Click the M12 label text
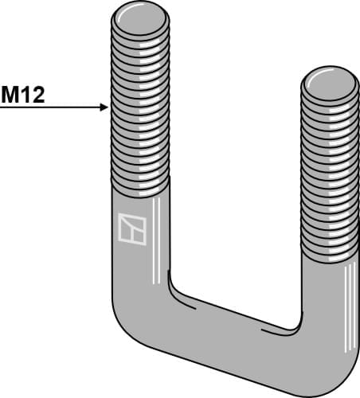pyautogui.click(x=22, y=96)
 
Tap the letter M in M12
pyautogui.click(x=11, y=96)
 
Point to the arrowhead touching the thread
pyautogui.click(x=103, y=107)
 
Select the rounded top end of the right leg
pyautogui.click(x=330, y=82)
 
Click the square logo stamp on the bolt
pyautogui.click(x=131, y=228)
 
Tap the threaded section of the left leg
pyautogui.click(x=140, y=103)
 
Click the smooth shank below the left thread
pyautogui.click(x=140, y=239)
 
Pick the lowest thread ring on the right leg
pyautogui.click(x=330, y=255)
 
